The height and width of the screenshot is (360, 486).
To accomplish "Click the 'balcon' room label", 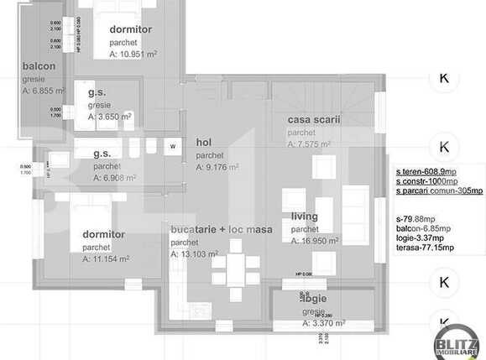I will [x=39, y=66].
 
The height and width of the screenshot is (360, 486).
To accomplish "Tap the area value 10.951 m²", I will [x=133, y=54].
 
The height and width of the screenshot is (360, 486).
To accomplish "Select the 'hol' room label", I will [x=204, y=143].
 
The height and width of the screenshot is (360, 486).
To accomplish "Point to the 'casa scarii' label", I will [x=313, y=120].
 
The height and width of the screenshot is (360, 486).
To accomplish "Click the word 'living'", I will [x=305, y=217].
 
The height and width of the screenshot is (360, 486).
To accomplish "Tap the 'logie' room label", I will [x=315, y=298].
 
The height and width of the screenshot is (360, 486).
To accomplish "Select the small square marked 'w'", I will [x=173, y=145].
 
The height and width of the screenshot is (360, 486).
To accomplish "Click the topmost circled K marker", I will [x=443, y=78].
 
